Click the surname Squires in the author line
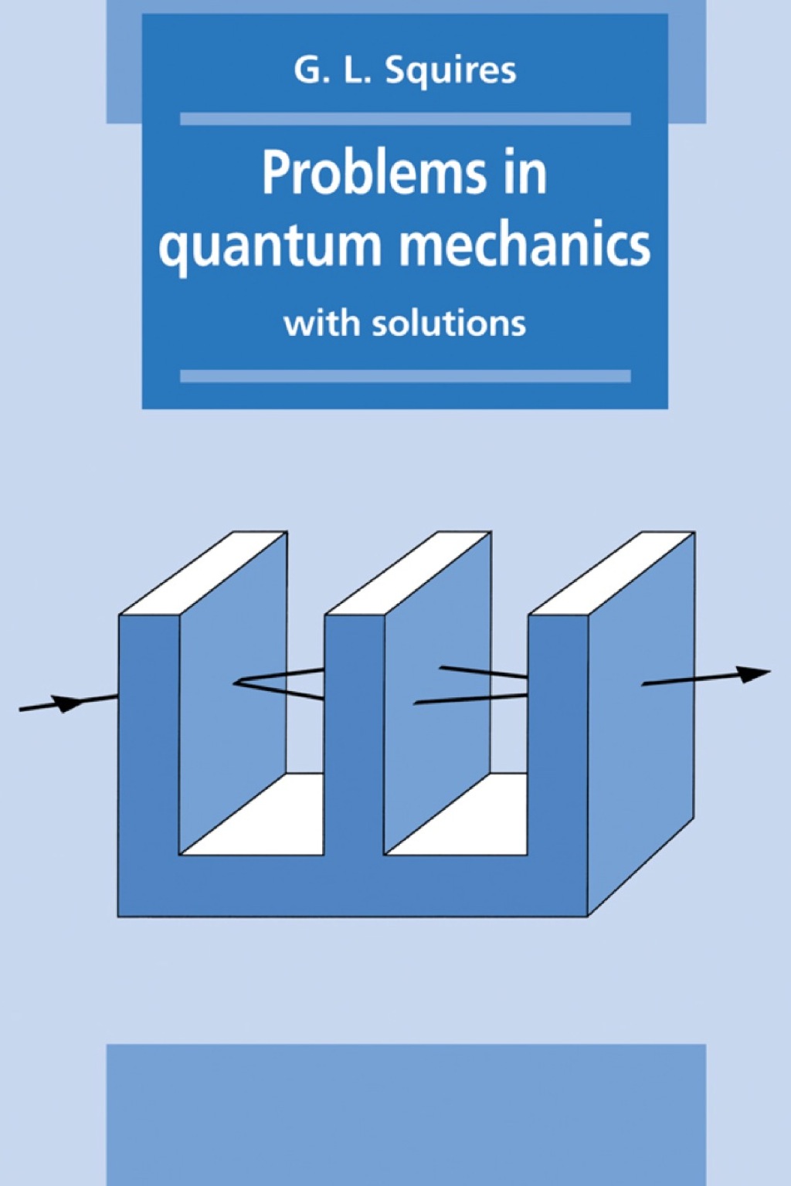pyautogui.click(x=450, y=71)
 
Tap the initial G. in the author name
pyautogui.click(x=307, y=70)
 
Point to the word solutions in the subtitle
pyautogui.click(x=449, y=323)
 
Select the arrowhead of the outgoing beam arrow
pyautogui.click(x=752, y=674)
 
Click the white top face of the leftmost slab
pyautogui.click(x=204, y=573)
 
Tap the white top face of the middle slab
pyautogui.click(x=409, y=573)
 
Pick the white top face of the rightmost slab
pyautogui.click(x=613, y=573)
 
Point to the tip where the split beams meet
pyautogui.click(x=236, y=682)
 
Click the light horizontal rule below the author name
pyautogui.click(x=405, y=119)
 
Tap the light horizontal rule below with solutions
pyautogui.click(x=405, y=376)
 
